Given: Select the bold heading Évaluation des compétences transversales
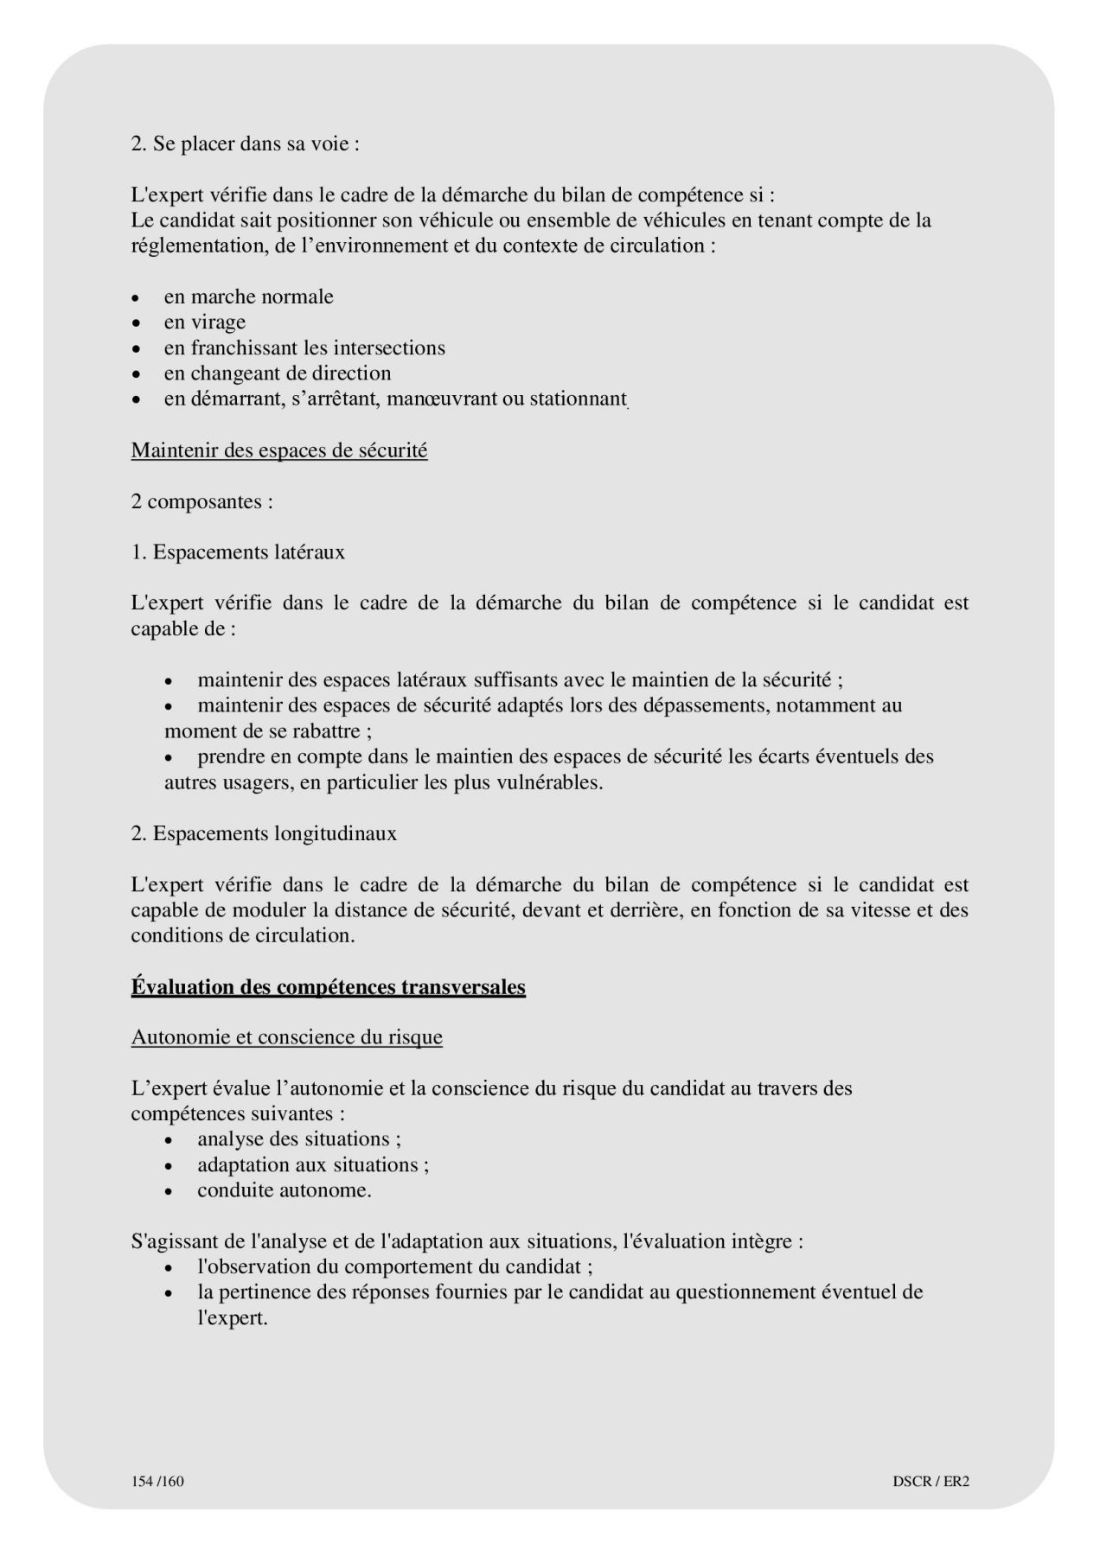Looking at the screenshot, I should click(328, 986).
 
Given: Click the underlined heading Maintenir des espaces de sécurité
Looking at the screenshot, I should click(278, 450).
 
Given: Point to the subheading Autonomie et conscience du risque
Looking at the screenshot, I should click(286, 1037).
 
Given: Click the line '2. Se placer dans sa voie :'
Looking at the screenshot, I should click(245, 143).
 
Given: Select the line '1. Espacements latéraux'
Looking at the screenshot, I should click(238, 552).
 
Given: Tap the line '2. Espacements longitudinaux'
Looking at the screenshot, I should click(264, 833).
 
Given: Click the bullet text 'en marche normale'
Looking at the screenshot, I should click(248, 297).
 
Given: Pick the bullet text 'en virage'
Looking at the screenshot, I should click(204, 322).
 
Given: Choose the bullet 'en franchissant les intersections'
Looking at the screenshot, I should click(304, 348).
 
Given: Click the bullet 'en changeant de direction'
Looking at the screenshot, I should click(277, 373).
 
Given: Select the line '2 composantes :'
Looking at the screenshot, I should click(201, 501).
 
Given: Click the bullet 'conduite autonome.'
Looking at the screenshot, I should click(284, 1190).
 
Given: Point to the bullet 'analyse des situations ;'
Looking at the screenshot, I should click(298, 1139).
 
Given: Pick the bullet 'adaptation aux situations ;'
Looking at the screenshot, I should click(312, 1164).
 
